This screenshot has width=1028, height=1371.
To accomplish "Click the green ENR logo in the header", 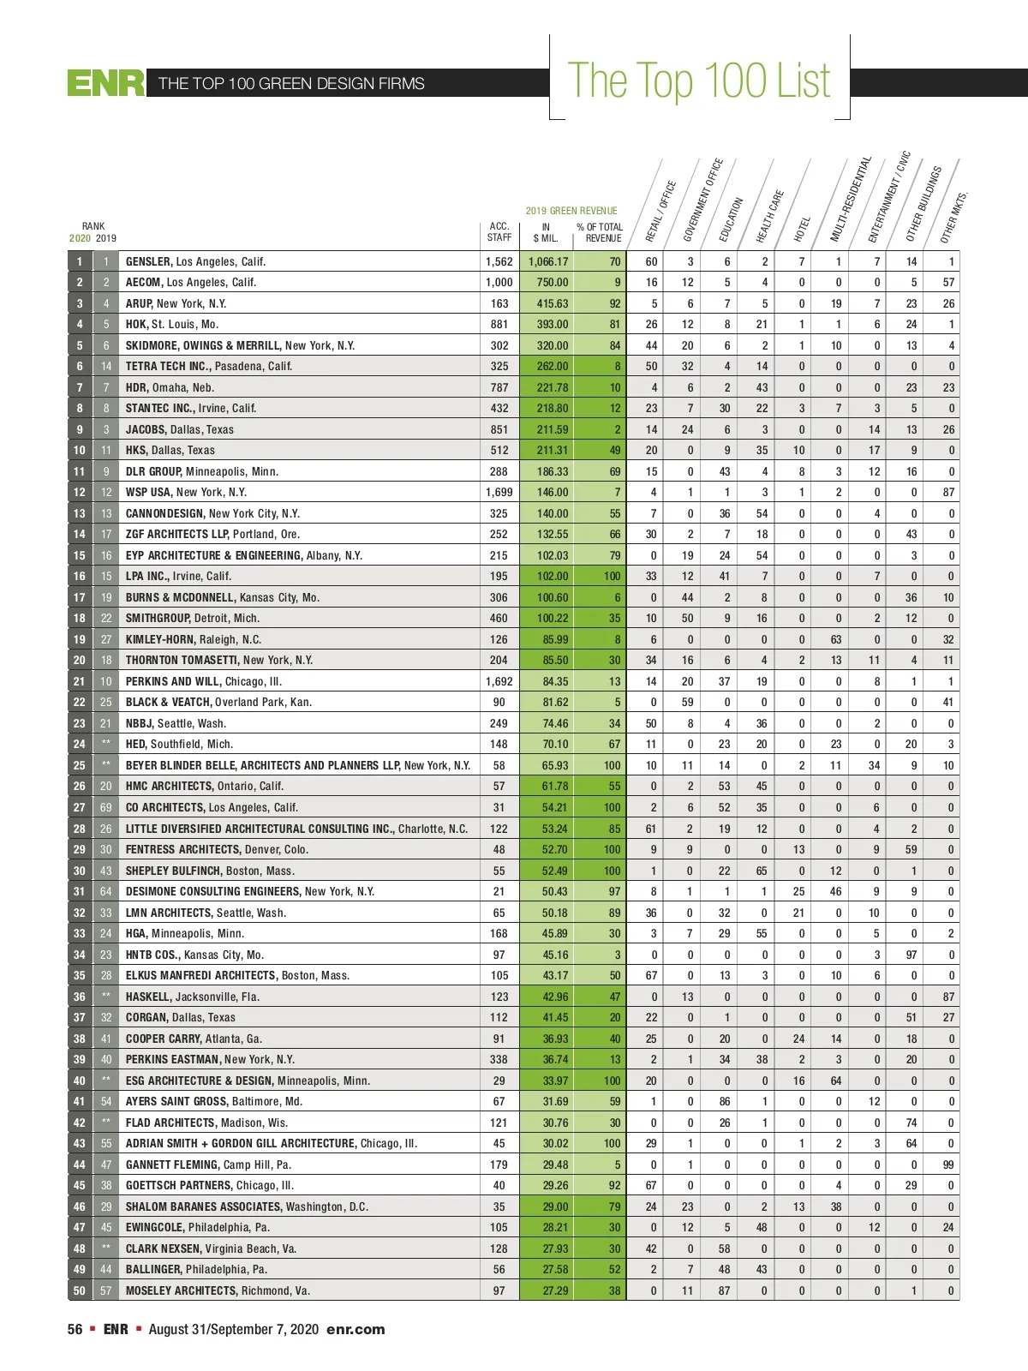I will click(x=106, y=83).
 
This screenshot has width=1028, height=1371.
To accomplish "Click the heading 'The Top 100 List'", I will click(x=698, y=81).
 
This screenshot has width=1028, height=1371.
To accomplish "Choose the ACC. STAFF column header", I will click(x=499, y=232).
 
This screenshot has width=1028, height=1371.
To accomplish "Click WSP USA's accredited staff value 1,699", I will click(x=499, y=492).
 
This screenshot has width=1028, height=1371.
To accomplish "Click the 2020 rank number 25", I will click(x=80, y=765).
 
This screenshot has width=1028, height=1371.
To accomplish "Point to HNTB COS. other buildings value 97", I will click(x=911, y=955).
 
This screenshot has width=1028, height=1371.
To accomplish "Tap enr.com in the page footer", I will click(x=356, y=1329).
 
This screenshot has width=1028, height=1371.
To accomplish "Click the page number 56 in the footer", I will click(x=75, y=1329).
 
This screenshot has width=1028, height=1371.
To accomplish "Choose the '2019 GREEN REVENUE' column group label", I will click(x=571, y=211).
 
